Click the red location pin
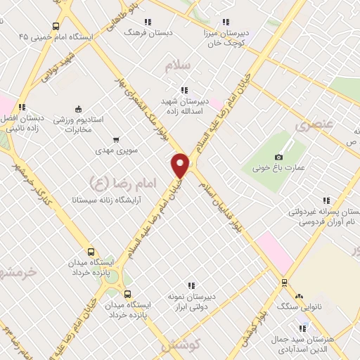coord(181,165)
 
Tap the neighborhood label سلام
coord(177,66)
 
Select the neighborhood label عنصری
coord(311,126)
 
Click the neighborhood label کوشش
coord(181,345)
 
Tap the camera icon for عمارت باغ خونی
coord(279,157)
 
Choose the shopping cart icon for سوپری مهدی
coord(115,139)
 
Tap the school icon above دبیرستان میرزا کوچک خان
coord(225,22)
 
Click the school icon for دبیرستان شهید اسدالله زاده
coord(184,90)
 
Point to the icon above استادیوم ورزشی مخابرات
coord(78,109)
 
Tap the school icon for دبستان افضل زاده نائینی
coord(22,107)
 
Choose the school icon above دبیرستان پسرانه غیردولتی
coord(325,200)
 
